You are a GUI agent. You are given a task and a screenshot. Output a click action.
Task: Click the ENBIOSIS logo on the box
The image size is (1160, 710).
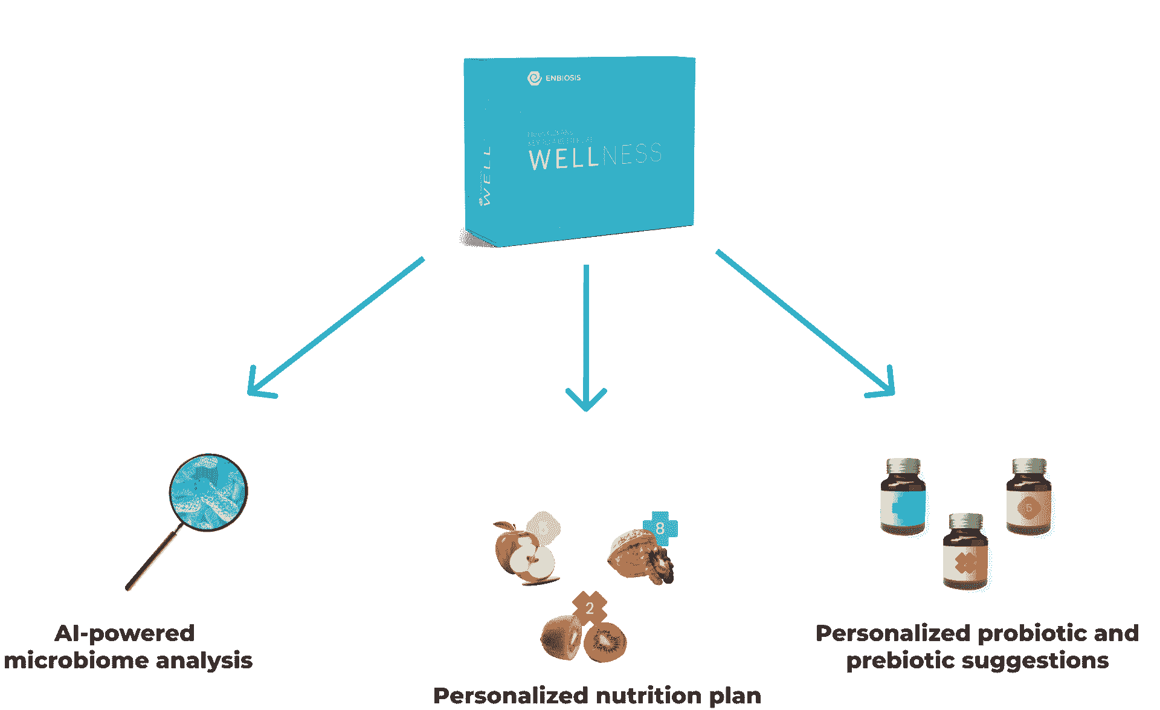(553, 78)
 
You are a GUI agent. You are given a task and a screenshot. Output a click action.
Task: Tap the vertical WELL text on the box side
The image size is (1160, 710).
(486, 175)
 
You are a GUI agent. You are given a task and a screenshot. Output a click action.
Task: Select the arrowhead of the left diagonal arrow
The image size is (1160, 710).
(257, 387)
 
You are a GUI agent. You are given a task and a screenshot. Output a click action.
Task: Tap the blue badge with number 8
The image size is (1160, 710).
(660, 528)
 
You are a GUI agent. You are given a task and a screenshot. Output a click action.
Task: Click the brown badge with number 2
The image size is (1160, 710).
(590, 608)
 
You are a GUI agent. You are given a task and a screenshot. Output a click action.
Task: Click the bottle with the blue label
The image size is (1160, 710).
(903, 499)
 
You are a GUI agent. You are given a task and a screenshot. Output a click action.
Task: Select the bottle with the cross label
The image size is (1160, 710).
(965, 553)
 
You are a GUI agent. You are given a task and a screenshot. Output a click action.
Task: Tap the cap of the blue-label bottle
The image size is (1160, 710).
(903, 466)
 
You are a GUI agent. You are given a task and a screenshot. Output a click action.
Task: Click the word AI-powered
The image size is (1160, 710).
(124, 633)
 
